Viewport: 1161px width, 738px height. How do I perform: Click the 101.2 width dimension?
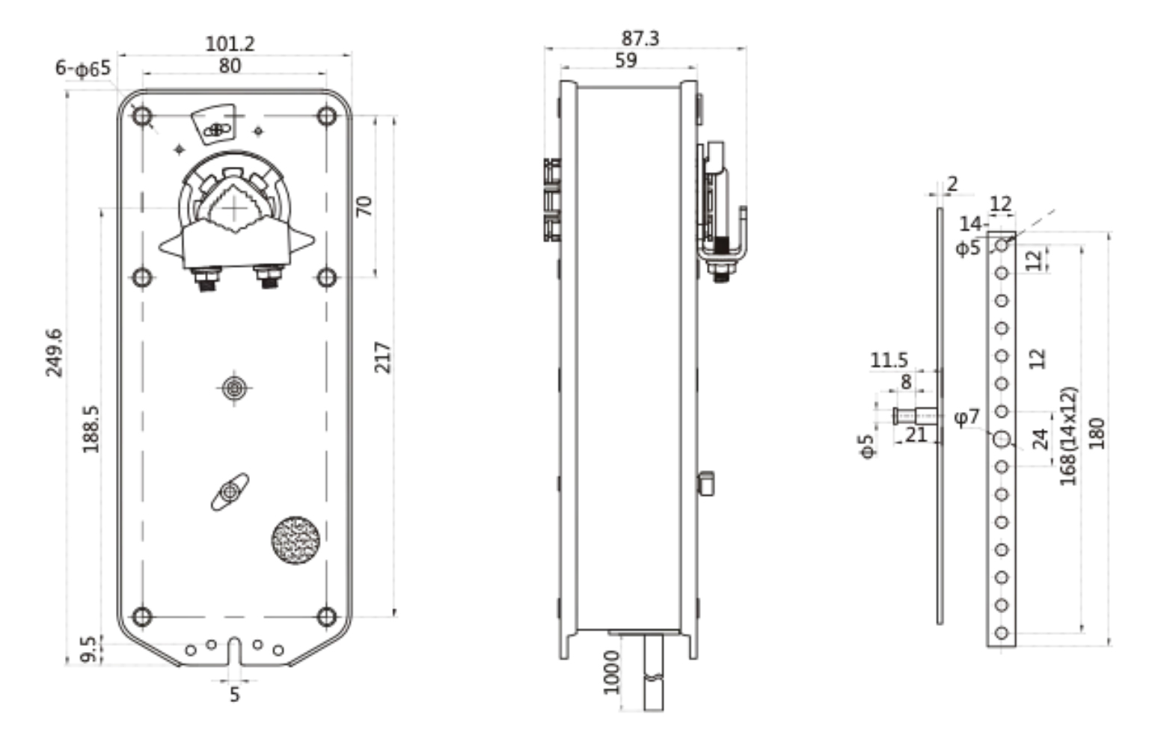[x=230, y=43]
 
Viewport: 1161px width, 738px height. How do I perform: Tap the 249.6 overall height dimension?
[x=54, y=353]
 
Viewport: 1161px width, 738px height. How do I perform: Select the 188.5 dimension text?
[x=91, y=428]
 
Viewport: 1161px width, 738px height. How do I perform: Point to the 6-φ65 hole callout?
[x=83, y=68]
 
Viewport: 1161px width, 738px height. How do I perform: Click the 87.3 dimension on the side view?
[x=640, y=38]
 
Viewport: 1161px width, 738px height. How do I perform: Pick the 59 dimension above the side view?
[x=625, y=61]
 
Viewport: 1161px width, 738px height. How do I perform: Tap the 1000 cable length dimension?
[x=612, y=672]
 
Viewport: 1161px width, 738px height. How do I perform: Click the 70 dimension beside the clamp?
[x=364, y=206]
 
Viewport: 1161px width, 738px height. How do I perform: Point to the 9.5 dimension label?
[x=88, y=650]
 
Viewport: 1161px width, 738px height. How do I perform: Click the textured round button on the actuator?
[x=295, y=540]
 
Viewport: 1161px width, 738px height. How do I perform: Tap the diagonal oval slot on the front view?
[x=230, y=491]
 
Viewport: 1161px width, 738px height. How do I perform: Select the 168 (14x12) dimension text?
[x=1068, y=436]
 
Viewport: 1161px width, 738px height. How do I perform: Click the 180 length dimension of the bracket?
[x=1096, y=434]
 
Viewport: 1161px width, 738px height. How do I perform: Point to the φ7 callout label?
[x=967, y=417]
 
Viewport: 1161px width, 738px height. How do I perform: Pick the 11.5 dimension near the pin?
[x=889, y=360]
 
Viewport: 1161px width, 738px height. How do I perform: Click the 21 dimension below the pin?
[x=916, y=435]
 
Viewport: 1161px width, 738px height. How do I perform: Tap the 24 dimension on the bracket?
[x=1040, y=439]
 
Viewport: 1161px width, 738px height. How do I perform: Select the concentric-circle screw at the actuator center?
[x=233, y=388]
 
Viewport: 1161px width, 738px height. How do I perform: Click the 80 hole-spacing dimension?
[x=230, y=66]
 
